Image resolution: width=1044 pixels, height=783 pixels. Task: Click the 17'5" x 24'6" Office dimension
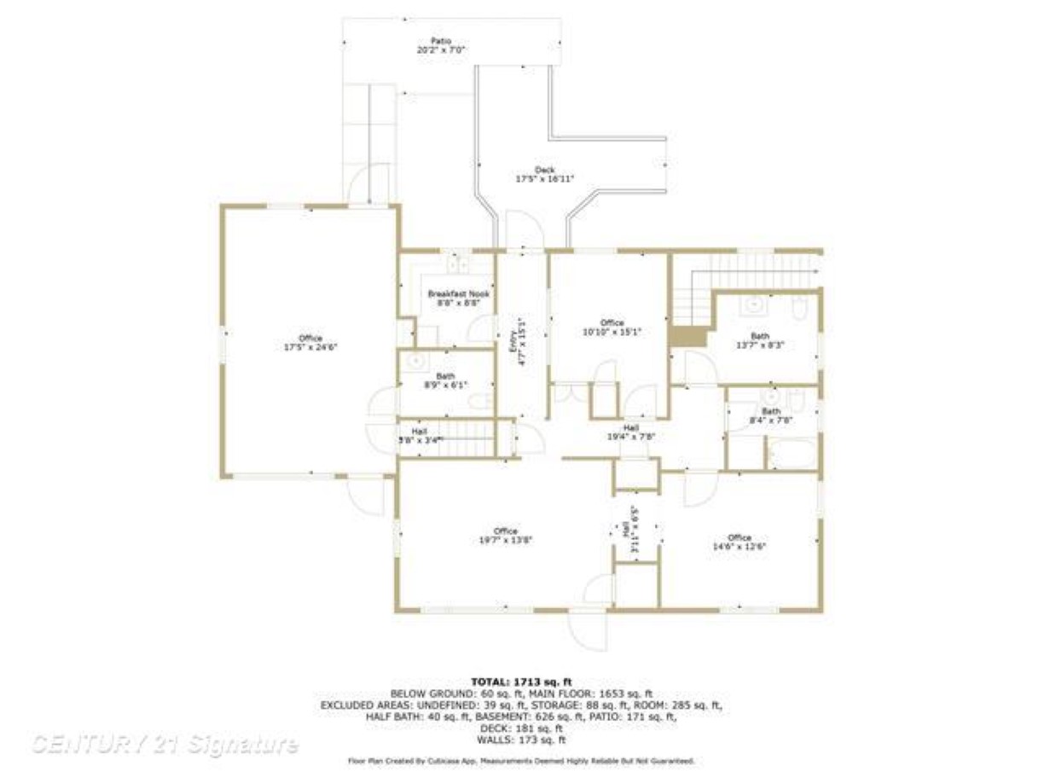[310, 347]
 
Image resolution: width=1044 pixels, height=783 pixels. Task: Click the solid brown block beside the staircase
[689, 337]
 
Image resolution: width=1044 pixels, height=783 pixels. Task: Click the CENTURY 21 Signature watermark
[165, 745]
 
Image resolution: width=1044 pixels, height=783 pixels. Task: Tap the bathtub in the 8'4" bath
[792, 452]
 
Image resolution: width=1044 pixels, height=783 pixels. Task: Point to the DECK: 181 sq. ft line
[521, 728]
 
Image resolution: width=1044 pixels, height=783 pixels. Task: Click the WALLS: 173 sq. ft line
[521, 739]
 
